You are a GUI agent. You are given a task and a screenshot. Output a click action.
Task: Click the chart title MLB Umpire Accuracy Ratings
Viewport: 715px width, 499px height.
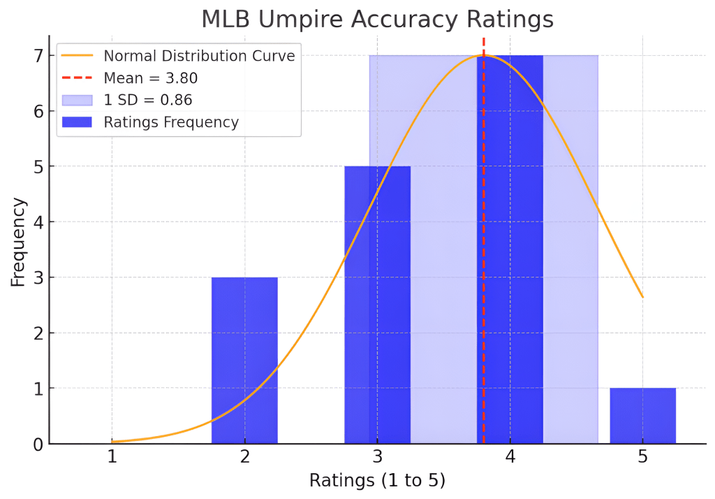[377, 19]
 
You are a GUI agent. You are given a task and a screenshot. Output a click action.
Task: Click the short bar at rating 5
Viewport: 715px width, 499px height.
[642, 416]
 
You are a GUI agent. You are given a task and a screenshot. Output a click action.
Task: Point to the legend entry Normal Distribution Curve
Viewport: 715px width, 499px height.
[199, 55]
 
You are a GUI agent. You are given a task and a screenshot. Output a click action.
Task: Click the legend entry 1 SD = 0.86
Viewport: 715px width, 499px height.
[148, 100]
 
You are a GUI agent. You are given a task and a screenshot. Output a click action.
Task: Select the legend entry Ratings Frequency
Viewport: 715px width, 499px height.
[171, 122]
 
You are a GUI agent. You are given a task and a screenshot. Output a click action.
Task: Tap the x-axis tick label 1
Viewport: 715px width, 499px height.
[112, 458]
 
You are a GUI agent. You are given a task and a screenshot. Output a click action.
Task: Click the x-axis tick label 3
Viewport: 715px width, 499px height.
[377, 458]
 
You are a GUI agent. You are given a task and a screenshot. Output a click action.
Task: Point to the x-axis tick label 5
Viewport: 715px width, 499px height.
[642, 458]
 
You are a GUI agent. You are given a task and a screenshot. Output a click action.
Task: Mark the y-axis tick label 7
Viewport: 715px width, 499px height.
[39, 55]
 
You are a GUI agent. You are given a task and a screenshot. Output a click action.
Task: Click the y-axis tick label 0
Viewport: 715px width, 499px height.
[39, 444]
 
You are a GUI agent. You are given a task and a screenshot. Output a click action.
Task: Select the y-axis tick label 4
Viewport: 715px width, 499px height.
[39, 222]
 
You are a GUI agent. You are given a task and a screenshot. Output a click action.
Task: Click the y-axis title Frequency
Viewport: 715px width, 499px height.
[18, 242]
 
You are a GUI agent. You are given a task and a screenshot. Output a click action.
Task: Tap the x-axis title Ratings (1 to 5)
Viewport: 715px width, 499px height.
[377, 481]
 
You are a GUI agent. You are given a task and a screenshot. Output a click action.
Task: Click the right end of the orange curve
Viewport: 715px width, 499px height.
[642, 297]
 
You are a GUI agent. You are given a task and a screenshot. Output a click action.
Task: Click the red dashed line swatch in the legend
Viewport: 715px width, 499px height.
[78, 78]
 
